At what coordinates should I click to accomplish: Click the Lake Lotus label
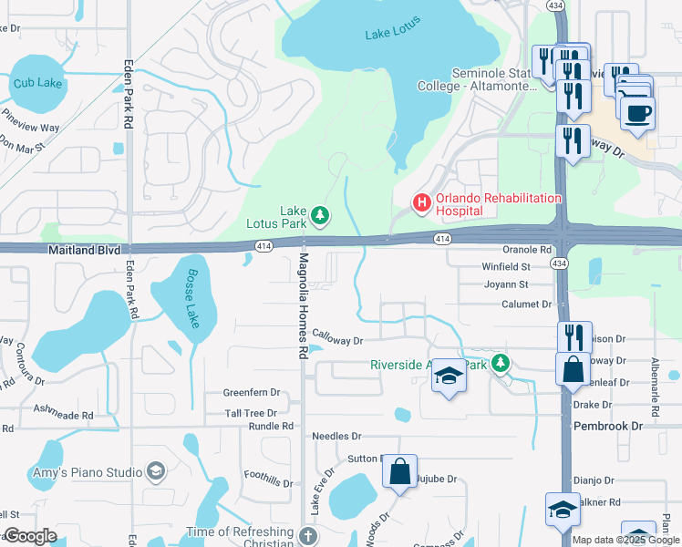(389, 34)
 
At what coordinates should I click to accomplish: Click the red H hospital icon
(421, 203)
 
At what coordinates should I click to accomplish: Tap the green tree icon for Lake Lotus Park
(319, 215)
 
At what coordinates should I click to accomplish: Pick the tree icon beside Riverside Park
(500, 365)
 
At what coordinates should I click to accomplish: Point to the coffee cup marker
(636, 112)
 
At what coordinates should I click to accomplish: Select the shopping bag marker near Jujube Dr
(399, 471)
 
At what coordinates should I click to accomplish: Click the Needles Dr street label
(336, 437)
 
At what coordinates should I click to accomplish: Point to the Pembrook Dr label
(608, 426)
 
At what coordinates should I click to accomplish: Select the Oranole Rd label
(527, 249)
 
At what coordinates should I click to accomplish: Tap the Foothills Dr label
(266, 475)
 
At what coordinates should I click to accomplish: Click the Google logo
(30, 536)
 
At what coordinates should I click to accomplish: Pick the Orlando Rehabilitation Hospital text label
(498, 203)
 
